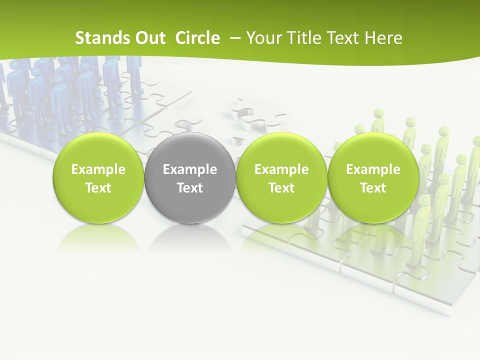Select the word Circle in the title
coord(197,38)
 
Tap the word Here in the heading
coord(383,38)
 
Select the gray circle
coord(190,178)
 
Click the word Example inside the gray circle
coord(190,169)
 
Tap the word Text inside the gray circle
coord(190,188)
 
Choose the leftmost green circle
coord(98,178)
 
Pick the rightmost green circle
coord(373,178)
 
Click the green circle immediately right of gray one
coord(281,178)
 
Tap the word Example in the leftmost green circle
coord(98,169)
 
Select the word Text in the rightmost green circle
coord(373,188)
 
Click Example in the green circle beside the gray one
coord(281,169)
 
